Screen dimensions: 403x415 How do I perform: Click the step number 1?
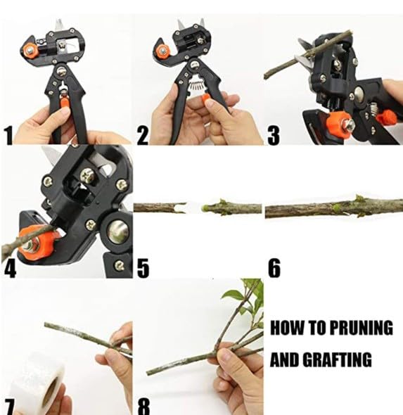(x=8, y=135)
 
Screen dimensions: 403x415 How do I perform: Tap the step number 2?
(x=143, y=135)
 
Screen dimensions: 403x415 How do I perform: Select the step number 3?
(x=274, y=136)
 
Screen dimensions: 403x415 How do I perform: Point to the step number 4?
(x=10, y=269)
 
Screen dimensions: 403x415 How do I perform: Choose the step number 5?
(x=143, y=269)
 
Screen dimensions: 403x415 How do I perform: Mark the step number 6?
(x=274, y=268)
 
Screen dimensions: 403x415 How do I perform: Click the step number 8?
(x=143, y=407)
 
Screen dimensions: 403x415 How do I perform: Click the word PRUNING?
(x=362, y=327)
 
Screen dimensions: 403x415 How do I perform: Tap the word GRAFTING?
(x=337, y=359)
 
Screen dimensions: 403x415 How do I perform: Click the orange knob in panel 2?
(x=162, y=50)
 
